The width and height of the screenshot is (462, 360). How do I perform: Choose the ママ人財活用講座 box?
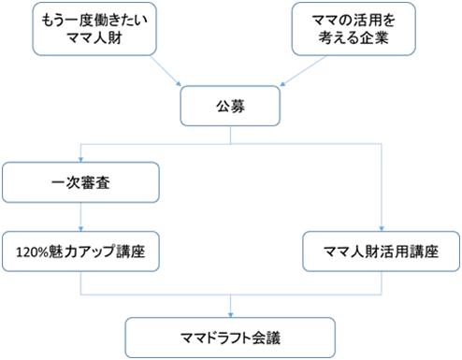(383, 251)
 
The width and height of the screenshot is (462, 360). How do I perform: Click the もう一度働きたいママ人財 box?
(92, 29)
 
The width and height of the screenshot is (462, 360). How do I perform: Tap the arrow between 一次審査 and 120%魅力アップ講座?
(81, 217)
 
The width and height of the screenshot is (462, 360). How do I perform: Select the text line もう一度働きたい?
(92, 20)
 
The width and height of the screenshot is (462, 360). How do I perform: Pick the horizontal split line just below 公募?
(230, 144)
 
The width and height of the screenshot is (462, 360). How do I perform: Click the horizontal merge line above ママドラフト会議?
(230, 295)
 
